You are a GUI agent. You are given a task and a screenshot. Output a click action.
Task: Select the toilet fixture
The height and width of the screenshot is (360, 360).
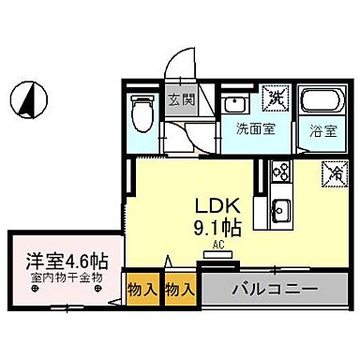(x=142, y=114)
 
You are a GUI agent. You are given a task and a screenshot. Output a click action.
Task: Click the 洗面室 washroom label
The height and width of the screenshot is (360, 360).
(x=254, y=129)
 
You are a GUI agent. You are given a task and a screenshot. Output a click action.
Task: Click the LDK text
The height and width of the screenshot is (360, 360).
(x=216, y=206)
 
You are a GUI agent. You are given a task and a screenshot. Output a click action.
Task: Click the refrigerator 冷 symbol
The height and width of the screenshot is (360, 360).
(x=333, y=172)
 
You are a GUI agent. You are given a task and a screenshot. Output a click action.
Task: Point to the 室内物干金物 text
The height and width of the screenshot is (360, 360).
(x=65, y=277)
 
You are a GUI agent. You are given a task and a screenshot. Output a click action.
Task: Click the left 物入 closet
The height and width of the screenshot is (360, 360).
(x=142, y=290)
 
